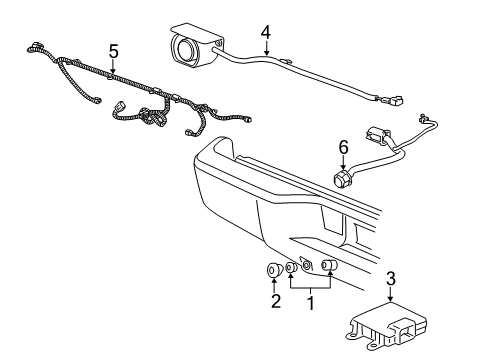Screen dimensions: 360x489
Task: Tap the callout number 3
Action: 390,279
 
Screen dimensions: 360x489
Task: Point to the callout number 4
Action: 266,32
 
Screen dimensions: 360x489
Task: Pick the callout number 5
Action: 113,50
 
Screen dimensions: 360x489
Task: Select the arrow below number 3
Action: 390,295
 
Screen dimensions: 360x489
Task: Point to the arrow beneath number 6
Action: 343,162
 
